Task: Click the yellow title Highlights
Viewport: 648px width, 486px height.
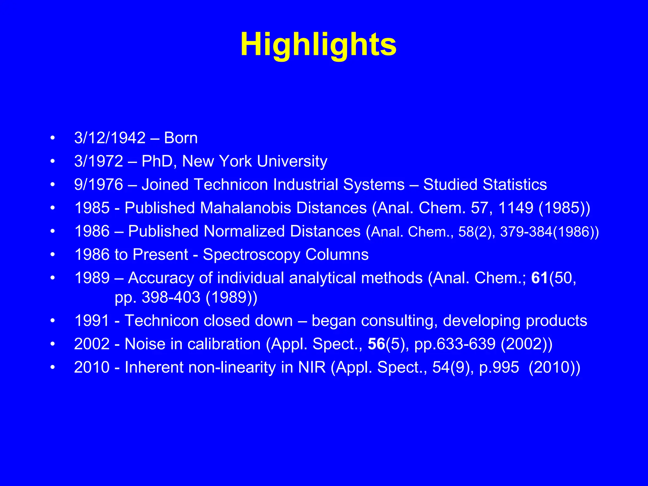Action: tap(318, 45)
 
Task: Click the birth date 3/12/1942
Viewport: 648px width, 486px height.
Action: tap(110, 138)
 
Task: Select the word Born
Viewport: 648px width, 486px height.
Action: tap(181, 138)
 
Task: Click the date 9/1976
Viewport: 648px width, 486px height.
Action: tap(98, 184)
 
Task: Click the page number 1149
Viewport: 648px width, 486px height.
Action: tap(516, 208)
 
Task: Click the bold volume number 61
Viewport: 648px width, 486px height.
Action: tap(539, 278)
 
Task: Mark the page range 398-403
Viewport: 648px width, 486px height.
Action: tap(171, 297)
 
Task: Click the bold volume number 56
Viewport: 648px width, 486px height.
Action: tap(376, 344)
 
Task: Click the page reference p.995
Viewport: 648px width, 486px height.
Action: tap(499, 368)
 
